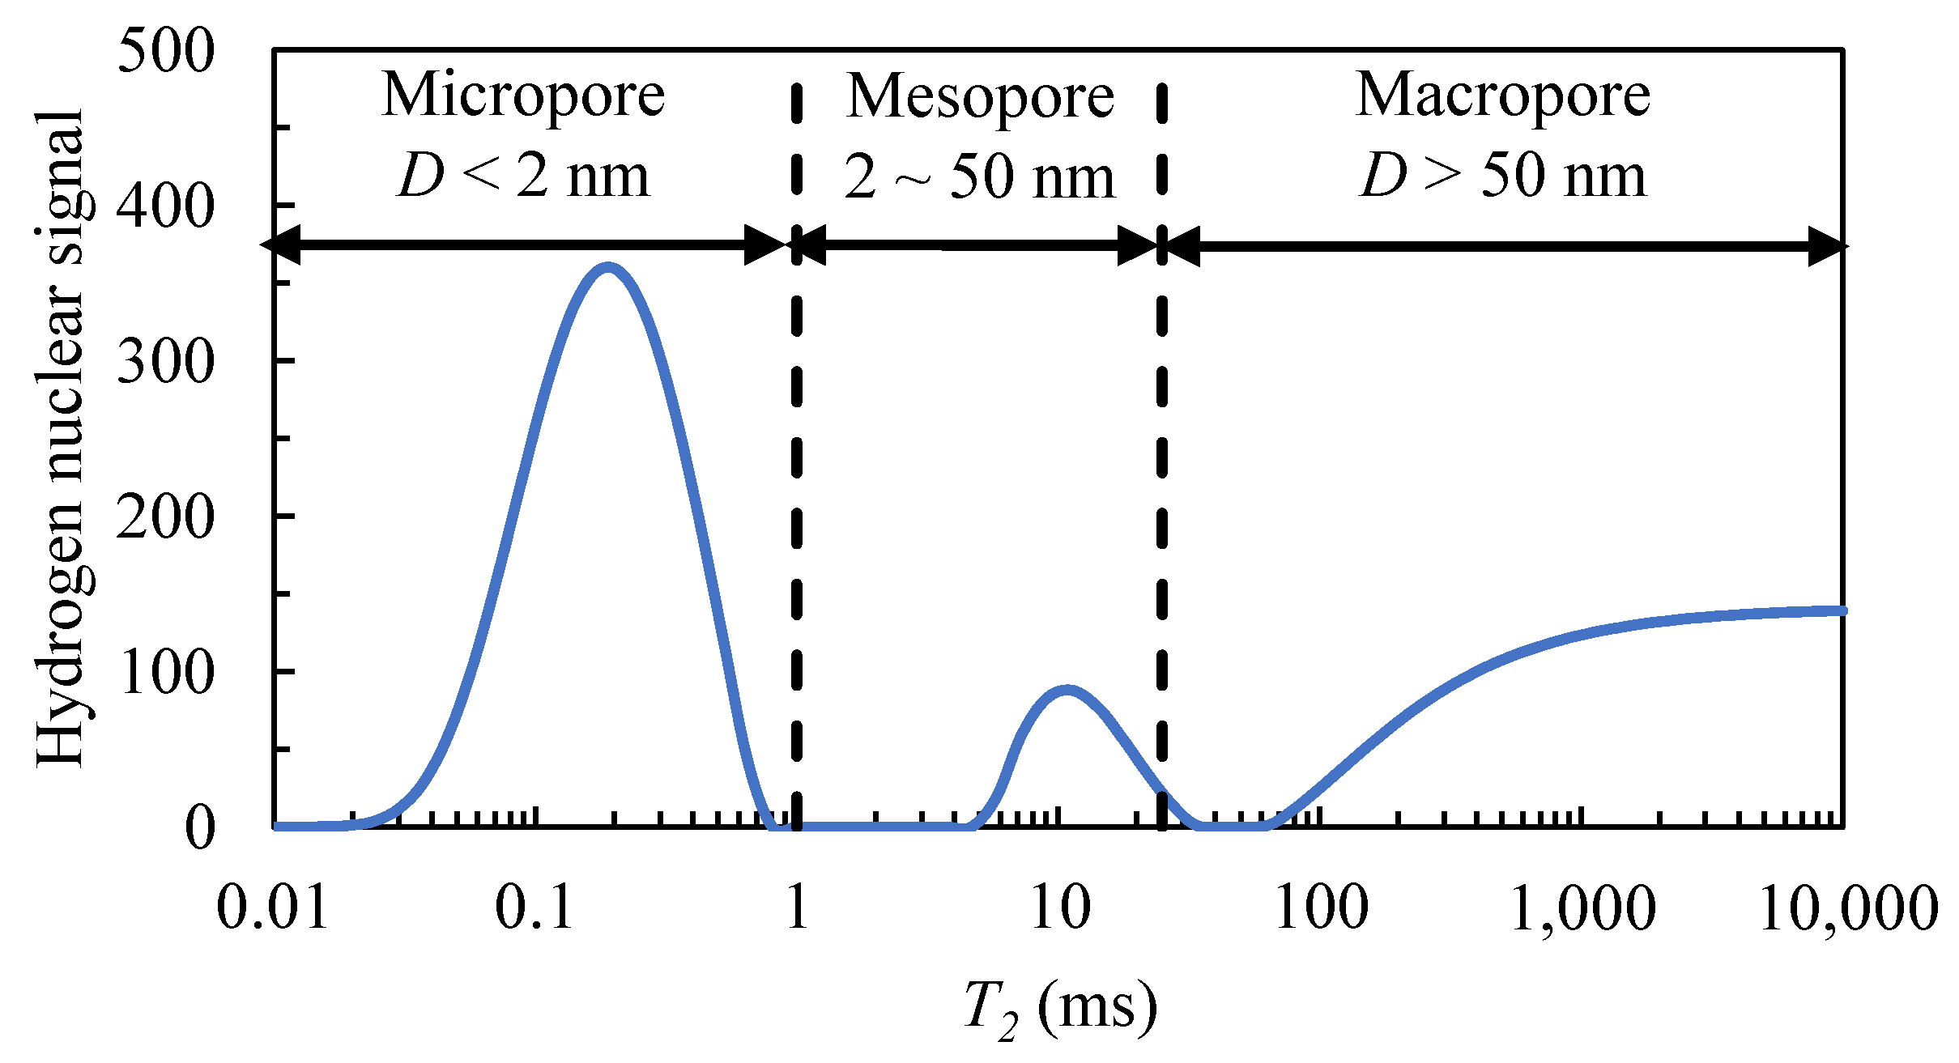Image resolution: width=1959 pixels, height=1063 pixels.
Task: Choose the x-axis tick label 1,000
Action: (1583, 908)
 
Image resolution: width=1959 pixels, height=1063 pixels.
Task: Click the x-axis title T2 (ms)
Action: (1061, 1008)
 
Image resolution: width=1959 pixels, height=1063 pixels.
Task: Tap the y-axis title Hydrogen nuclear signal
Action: (61, 437)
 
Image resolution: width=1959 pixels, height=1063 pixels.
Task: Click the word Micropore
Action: (523, 95)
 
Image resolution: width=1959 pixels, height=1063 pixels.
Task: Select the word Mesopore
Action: (980, 96)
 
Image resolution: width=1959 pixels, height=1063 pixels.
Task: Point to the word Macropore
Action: (1503, 95)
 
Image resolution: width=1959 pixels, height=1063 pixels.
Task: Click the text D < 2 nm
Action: (523, 176)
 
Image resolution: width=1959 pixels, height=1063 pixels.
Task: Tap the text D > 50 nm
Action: (1503, 176)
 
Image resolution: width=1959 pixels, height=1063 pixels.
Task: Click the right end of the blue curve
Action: (1842, 610)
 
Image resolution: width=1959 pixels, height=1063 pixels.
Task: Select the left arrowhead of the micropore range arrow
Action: (279, 244)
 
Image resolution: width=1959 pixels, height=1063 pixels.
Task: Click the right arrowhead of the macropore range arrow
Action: (1828, 246)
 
